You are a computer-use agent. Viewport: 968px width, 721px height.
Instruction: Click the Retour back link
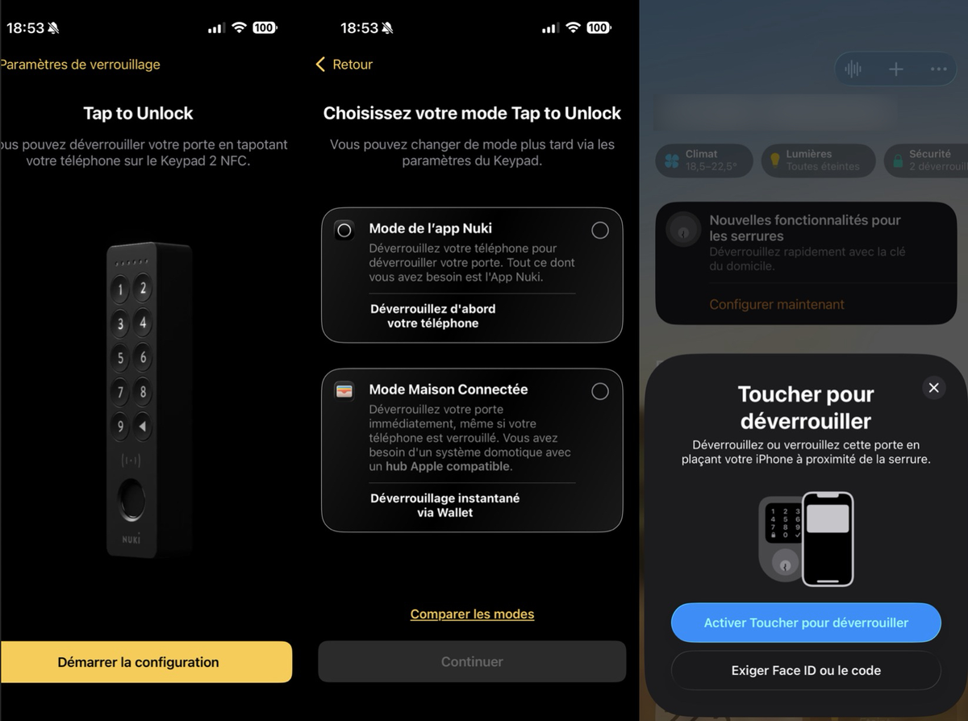tap(344, 65)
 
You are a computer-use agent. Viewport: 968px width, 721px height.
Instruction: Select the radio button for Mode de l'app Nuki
tap(600, 231)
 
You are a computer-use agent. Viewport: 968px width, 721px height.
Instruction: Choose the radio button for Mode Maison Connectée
tap(600, 391)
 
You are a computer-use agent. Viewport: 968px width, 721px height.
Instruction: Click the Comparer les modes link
tap(472, 615)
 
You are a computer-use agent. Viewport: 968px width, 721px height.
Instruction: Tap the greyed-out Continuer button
tap(472, 661)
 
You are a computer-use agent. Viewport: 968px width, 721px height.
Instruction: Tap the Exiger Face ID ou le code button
tap(806, 670)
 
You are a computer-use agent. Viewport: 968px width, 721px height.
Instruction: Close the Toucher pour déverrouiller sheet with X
tap(933, 388)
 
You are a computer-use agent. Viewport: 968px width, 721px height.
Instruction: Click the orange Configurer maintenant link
tap(777, 305)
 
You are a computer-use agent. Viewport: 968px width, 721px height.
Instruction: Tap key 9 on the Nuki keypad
tap(120, 426)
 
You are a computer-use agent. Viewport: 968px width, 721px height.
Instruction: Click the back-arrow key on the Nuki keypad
tap(144, 426)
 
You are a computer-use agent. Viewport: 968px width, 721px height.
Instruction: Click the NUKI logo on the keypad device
tap(131, 539)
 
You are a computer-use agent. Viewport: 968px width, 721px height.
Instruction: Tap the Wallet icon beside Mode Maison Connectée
tap(344, 391)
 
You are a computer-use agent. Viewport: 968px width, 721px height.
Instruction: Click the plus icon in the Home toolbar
tap(895, 69)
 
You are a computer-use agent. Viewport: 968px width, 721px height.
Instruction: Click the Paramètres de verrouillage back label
tap(80, 65)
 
